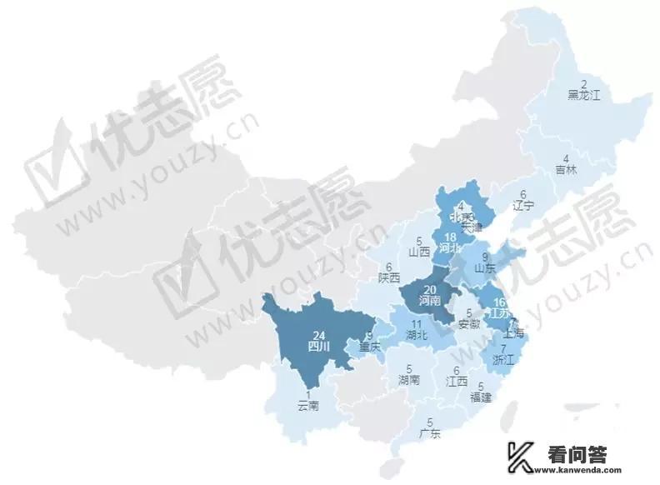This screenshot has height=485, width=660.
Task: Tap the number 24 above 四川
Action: [314, 334]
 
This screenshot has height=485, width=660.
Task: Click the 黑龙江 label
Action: [583, 96]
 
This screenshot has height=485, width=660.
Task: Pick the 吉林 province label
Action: [566, 169]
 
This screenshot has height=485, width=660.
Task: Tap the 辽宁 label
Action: [523, 204]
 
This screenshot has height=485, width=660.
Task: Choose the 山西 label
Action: [419, 250]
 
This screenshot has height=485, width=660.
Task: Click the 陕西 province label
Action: [388, 277]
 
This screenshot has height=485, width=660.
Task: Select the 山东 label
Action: [485, 268]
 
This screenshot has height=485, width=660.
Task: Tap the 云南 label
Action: [308, 406]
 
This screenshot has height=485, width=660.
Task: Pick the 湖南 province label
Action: [408, 380]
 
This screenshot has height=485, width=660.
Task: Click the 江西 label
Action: [456, 382]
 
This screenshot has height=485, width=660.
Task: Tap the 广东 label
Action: [430, 433]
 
